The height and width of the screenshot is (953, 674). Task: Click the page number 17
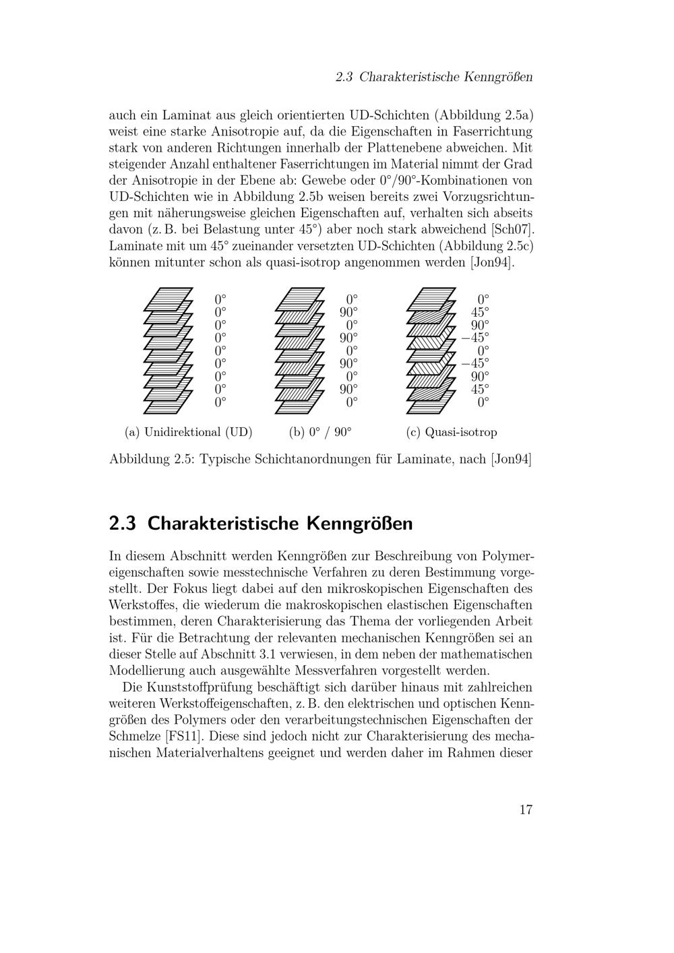click(526, 809)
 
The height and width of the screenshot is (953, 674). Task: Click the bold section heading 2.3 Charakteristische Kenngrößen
click(260, 523)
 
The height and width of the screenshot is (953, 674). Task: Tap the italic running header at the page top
click(434, 77)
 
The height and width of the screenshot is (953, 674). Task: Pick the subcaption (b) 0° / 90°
click(320, 432)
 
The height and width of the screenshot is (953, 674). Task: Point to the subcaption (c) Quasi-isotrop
click(451, 432)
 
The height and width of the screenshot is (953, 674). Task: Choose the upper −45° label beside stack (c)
click(474, 338)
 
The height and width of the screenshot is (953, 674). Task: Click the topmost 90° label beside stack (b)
click(348, 312)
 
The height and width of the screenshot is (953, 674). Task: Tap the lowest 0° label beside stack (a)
click(220, 402)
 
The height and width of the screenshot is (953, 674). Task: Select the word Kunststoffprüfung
click(222, 687)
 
